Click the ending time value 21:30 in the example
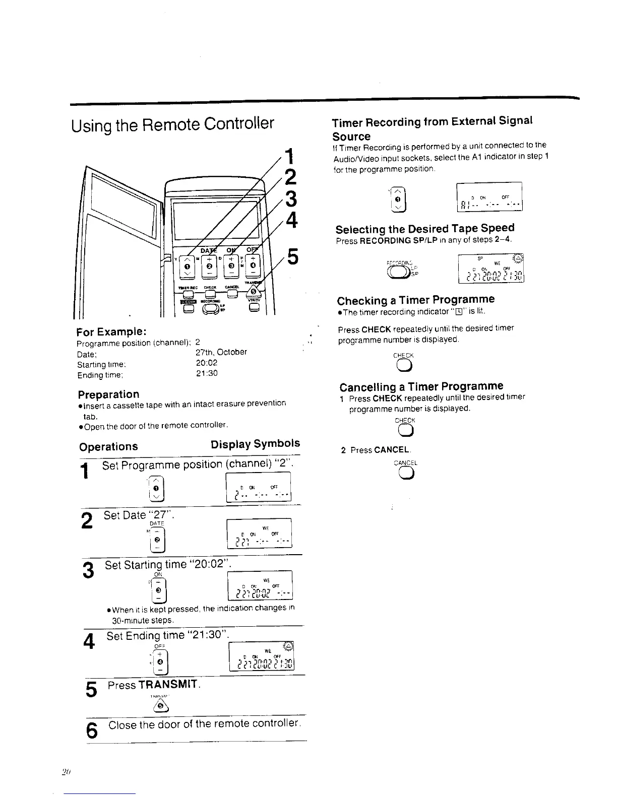tap(206, 373)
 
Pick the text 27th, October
tap(221, 352)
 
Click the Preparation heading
tap(108, 394)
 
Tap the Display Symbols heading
tap(255, 444)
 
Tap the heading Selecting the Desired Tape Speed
tap(425, 228)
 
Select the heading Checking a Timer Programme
tap(416, 300)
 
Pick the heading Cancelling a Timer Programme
tap(421, 387)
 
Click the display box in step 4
tap(261, 657)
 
